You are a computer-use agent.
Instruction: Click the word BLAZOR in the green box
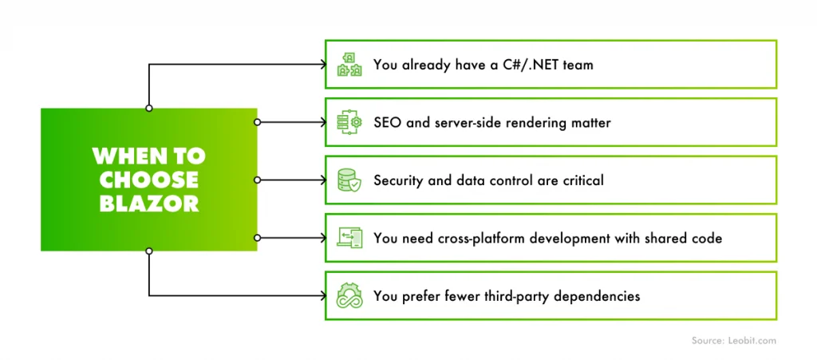pos(148,203)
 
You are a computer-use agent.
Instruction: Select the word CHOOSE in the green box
pos(148,179)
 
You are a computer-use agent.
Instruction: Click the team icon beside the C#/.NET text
pos(349,65)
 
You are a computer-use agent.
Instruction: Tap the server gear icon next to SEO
pos(349,122)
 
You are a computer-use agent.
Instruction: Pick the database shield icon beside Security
pos(349,180)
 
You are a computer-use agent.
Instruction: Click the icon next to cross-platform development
pos(349,238)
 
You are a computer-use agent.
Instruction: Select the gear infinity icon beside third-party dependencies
pos(349,296)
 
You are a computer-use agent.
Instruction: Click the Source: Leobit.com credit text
pos(733,341)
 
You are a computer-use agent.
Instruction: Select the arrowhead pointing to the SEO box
pos(321,122)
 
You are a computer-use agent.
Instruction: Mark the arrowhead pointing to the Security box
pos(321,180)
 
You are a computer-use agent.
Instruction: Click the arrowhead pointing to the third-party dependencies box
pos(321,296)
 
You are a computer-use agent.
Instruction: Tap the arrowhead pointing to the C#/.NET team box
pos(321,65)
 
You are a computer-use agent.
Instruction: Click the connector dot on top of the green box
pos(149,108)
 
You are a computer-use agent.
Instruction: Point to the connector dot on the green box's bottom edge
pos(149,251)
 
